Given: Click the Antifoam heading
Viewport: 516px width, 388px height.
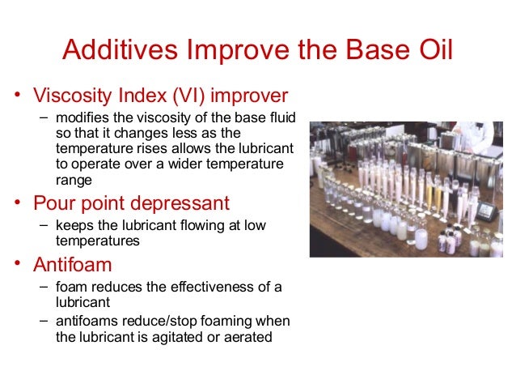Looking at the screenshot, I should click(x=72, y=265).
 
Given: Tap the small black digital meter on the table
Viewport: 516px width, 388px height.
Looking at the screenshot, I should click(x=485, y=211).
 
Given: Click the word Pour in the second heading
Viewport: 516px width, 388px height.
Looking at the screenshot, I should click(x=54, y=203).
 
